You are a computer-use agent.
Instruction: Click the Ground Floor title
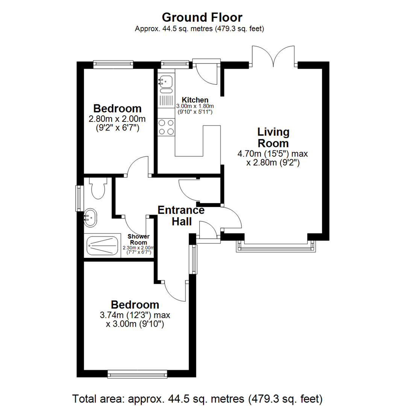tap(202, 17)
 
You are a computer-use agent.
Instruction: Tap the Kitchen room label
tap(195, 100)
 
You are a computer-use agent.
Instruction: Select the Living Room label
tap(273, 138)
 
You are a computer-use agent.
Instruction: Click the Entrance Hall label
tap(181, 216)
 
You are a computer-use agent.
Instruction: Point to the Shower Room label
tap(138, 239)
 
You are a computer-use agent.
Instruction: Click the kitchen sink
tap(166, 80)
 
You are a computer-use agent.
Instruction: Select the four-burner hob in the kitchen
tap(167, 126)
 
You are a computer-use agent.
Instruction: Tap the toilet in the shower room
tap(98, 189)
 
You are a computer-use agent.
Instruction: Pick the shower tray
tap(102, 246)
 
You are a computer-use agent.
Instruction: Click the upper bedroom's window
tap(113, 64)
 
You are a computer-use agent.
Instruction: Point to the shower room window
tap(79, 198)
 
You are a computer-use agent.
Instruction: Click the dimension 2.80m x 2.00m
tap(117, 119)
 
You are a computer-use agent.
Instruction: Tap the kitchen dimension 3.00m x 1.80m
tap(195, 106)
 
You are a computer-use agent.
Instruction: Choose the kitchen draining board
tap(166, 101)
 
